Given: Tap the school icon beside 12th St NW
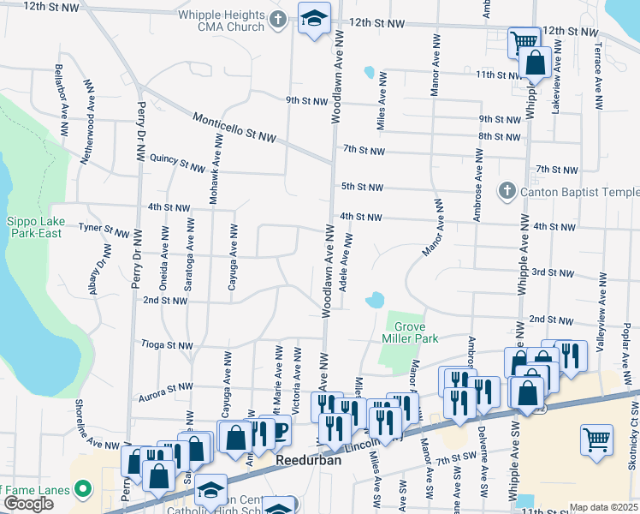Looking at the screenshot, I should coord(314,18).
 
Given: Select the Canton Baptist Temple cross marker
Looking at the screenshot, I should coord(506,190).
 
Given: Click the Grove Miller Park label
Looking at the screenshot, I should coord(416,332).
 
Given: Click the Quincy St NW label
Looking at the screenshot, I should coord(177,163).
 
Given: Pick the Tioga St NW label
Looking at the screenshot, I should coord(168,345).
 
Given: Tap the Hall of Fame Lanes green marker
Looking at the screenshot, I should coord(83,490).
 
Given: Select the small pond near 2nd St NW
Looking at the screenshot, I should coord(374,301).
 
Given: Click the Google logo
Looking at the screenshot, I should coord(28,504).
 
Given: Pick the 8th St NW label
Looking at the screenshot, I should coord(499,137).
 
